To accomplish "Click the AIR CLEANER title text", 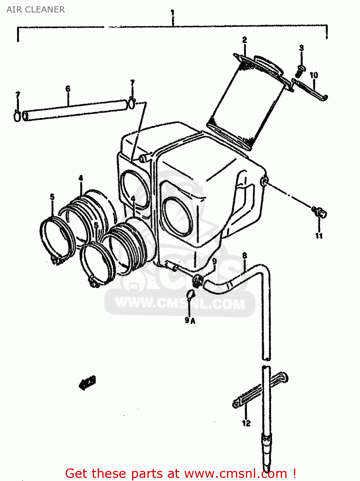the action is (x=36, y=10).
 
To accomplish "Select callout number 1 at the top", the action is (x=172, y=13).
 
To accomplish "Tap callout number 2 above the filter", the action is (x=245, y=40).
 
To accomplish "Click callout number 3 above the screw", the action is (x=301, y=48).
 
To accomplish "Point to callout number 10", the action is (x=314, y=75).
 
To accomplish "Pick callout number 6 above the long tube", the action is (x=68, y=89).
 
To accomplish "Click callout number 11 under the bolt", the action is (x=319, y=236).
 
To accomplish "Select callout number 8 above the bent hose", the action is (x=245, y=256).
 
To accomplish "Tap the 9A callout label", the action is (x=190, y=320).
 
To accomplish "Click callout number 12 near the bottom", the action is (x=246, y=423).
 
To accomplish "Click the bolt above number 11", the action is (x=319, y=212).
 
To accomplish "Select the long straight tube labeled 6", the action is (x=75, y=110).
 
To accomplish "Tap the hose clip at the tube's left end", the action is (x=17, y=116).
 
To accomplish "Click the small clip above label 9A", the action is (x=191, y=293).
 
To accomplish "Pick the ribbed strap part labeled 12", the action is (x=260, y=391).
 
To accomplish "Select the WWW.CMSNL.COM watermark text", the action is (x=180, y=303).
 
